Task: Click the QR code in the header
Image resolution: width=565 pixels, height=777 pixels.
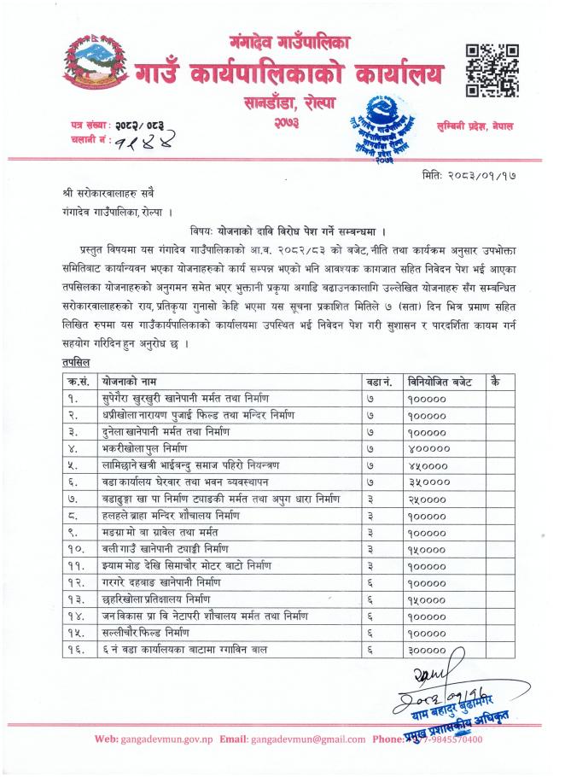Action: [x=492, y=70]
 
